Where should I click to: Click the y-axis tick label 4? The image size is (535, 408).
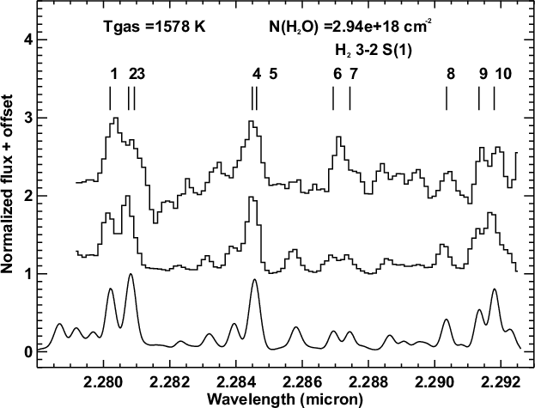point(28,40)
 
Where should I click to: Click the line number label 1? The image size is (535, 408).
point(113,74)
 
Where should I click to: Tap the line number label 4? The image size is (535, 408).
point(256,74)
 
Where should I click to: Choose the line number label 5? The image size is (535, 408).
point(272,74)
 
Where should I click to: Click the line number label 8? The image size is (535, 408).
point(450,74)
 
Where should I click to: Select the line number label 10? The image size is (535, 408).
point(504,74)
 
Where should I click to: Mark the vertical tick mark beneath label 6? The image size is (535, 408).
point(333,100)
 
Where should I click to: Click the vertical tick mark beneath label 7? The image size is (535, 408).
point(350,100)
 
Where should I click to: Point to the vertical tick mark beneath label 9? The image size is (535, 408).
point(479,100)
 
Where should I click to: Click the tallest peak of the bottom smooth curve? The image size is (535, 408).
point(131,275)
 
